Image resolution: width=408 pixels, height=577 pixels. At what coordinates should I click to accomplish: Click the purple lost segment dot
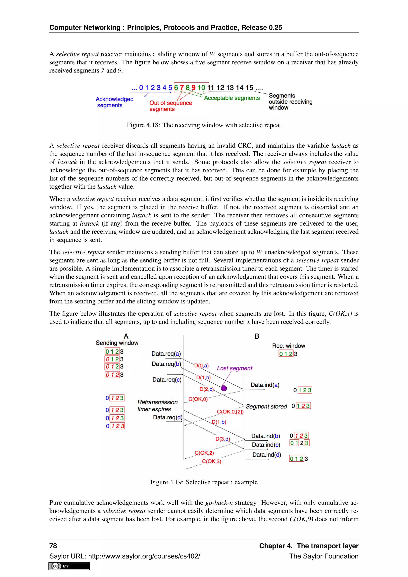(x=224, y=388)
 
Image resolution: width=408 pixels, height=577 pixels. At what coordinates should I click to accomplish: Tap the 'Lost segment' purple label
(x=234, y=368)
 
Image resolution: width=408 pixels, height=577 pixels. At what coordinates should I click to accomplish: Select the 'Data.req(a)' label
(x=166, y=354)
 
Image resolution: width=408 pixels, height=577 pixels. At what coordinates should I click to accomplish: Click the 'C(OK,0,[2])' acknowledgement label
(x=230, y=412)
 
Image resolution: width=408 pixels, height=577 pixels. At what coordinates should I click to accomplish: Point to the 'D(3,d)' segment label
(x=223, y=439)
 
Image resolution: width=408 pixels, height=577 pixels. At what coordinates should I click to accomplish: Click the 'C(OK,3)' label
(x=212, y=461)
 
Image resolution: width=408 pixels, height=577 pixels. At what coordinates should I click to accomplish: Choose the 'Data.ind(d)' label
(x=267, y=455)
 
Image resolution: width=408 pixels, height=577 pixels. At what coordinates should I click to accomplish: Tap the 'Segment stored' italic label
(x=266, y=406)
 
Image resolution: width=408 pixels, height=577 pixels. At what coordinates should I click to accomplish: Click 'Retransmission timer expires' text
(x=157, y=406)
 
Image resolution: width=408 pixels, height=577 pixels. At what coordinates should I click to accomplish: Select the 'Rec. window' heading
(x=288, y=346)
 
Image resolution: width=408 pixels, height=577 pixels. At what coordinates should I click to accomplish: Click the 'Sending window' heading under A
(x=117, y=343)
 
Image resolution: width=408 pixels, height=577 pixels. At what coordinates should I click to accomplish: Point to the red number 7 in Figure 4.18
(x=182, y=88)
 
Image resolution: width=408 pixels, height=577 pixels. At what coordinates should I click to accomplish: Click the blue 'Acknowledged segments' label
(x=114, y=102)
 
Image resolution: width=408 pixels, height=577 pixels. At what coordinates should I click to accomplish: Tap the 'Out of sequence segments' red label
(x=170, y=106)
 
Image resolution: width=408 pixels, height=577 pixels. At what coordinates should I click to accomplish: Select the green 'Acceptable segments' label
(x=232, y=98)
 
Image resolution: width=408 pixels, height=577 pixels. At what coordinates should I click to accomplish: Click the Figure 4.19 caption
(x=204, y=482)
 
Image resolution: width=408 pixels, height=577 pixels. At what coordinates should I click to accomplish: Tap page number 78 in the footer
(x=53, y=546)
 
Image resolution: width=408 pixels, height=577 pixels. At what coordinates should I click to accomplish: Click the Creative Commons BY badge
(x=69, y=566)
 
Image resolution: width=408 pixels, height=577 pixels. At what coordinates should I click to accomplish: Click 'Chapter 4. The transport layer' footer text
(x=309, y=546)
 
